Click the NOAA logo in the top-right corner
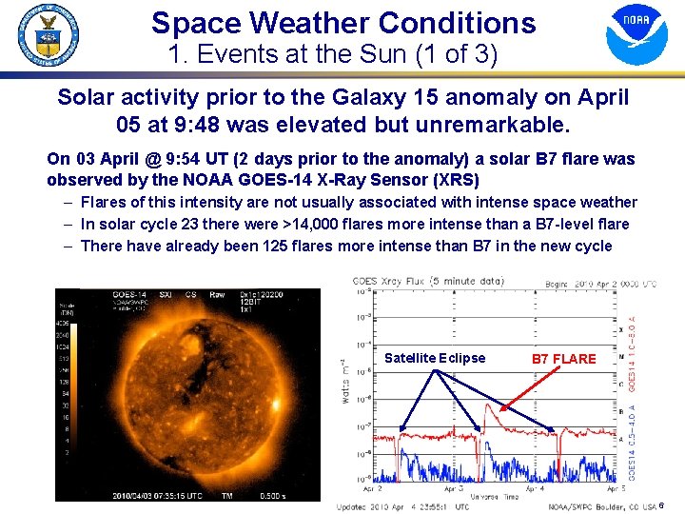pos(636,33)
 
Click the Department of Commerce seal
pos(48,35)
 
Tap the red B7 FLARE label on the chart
pos(563,359)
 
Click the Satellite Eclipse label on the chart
pos(434,358)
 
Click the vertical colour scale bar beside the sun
pos(65,381)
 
